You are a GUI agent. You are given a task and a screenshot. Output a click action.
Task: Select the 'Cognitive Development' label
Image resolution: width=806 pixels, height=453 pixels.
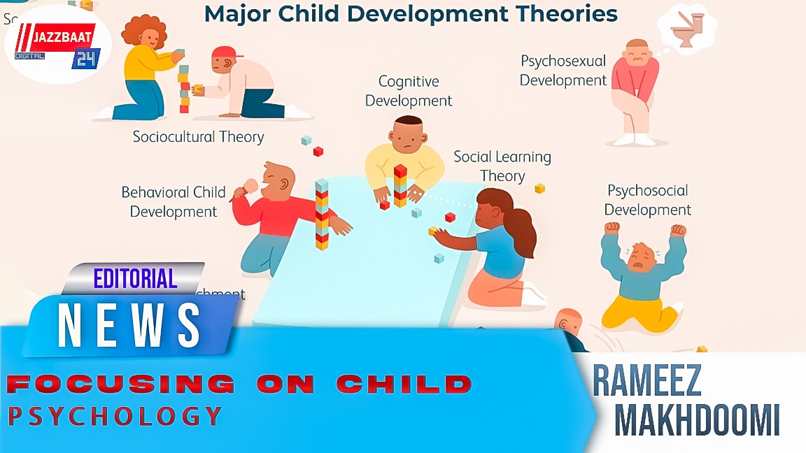point(409,91)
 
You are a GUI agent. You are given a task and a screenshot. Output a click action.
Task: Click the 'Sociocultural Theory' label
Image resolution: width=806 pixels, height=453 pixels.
point(199,136)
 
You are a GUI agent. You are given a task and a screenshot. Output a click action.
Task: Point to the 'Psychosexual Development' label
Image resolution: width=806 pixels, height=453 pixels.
point(563,71)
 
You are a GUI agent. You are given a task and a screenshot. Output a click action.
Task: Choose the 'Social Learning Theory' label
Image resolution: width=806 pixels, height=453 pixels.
point(502,166)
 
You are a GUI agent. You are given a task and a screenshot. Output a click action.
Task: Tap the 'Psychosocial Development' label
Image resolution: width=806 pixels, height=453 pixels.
point(647,200)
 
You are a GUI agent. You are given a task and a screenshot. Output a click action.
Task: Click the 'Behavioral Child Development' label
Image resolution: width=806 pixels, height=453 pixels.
point(174,201)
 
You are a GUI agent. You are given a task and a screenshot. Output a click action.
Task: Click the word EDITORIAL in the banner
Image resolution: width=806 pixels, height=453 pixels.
point(135,279)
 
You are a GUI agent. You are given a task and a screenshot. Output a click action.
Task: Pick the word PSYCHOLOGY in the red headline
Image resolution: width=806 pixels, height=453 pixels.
point(115,417)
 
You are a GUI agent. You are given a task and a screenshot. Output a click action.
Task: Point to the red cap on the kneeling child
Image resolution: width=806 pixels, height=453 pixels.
point(224,52)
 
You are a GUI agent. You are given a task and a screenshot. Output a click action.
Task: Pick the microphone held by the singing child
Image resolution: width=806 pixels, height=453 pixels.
point(250,185)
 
